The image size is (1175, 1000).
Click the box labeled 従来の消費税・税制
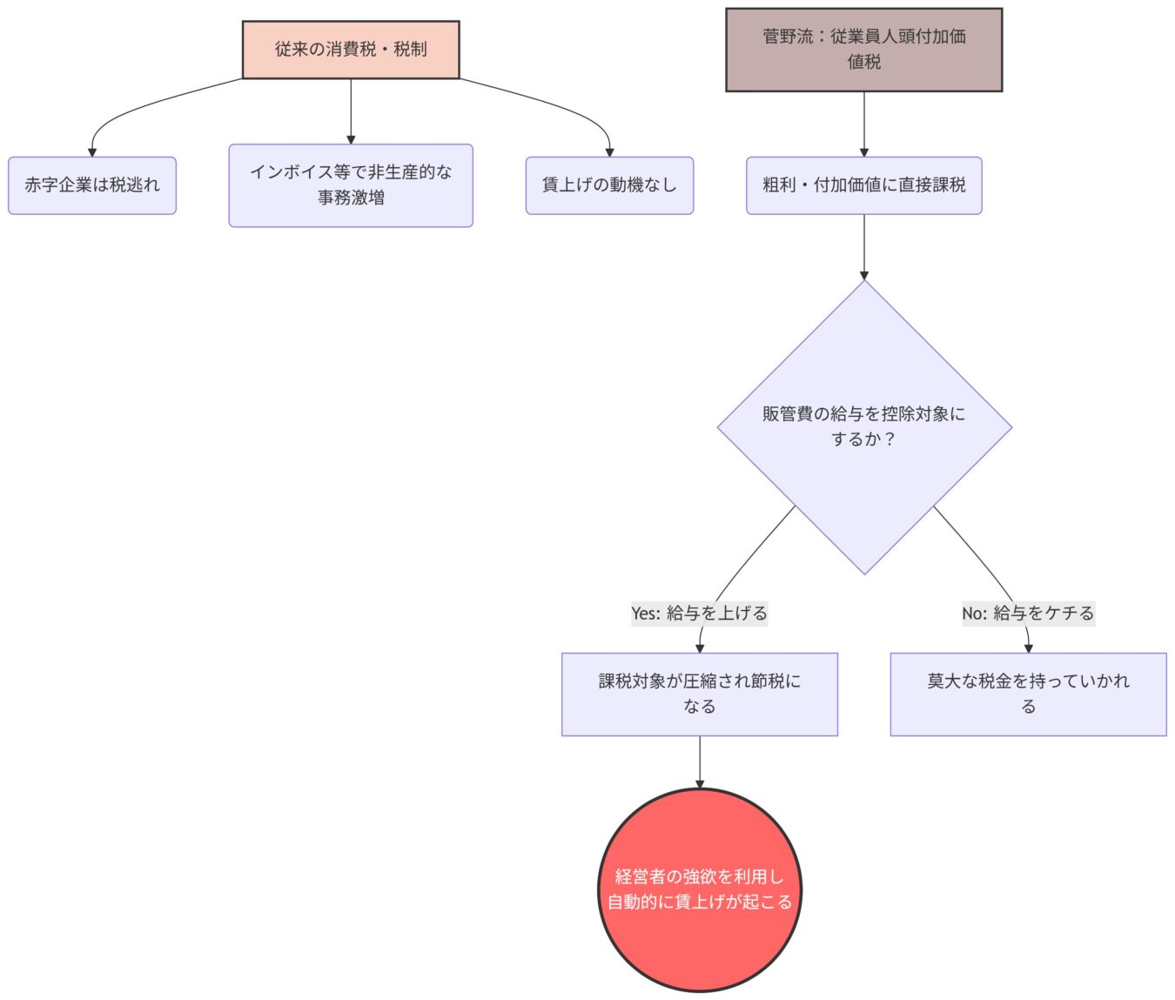pos(351,50)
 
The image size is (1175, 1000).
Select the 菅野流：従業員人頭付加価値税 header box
pos(863,50)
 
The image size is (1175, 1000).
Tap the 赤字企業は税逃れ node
pos(92,185)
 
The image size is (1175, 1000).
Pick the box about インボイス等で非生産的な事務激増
pos(351,185)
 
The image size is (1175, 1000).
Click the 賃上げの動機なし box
pos(609,185)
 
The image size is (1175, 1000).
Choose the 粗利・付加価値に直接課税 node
pos(863,185)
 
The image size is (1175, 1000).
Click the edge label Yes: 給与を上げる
pos(699,613)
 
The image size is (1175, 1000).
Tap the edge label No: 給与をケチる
pos(1027,613)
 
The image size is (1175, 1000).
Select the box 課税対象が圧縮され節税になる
pos(699,694)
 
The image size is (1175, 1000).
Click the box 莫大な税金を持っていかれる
pos(1028,694)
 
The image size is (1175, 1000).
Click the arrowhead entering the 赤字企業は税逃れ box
pos(92,152)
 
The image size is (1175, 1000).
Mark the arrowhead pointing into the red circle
pos(699,784)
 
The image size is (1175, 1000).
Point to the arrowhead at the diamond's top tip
pos(864,275)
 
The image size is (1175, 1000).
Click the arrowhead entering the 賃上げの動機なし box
pos(609,152)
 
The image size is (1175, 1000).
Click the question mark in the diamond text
pos(889,440)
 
